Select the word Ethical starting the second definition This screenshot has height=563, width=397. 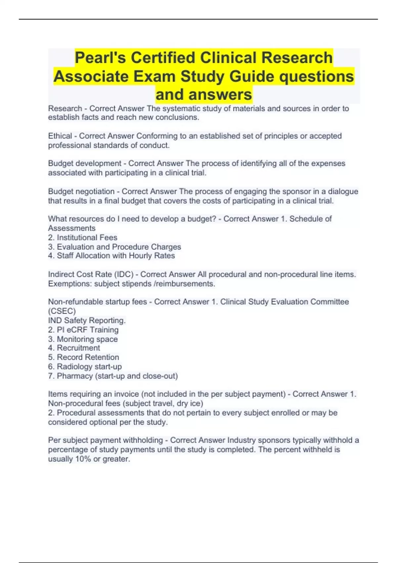60,136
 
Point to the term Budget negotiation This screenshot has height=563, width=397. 81,191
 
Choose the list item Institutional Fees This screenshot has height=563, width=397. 87,237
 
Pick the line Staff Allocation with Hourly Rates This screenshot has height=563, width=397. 115,256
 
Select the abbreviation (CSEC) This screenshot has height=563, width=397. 62,311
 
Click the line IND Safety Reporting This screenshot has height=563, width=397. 87,321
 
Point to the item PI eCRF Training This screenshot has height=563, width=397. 87,330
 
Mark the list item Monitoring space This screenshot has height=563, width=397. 87,339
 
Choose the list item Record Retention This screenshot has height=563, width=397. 88,357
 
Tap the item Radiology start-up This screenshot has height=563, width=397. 89,367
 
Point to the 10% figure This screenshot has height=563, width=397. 83,459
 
